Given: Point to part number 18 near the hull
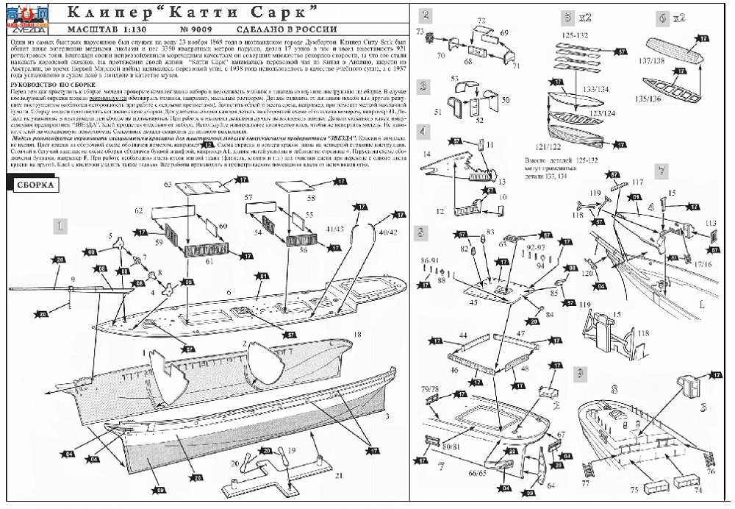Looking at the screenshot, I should (x=358, y=335).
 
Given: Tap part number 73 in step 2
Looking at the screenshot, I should (x=421, y=32).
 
